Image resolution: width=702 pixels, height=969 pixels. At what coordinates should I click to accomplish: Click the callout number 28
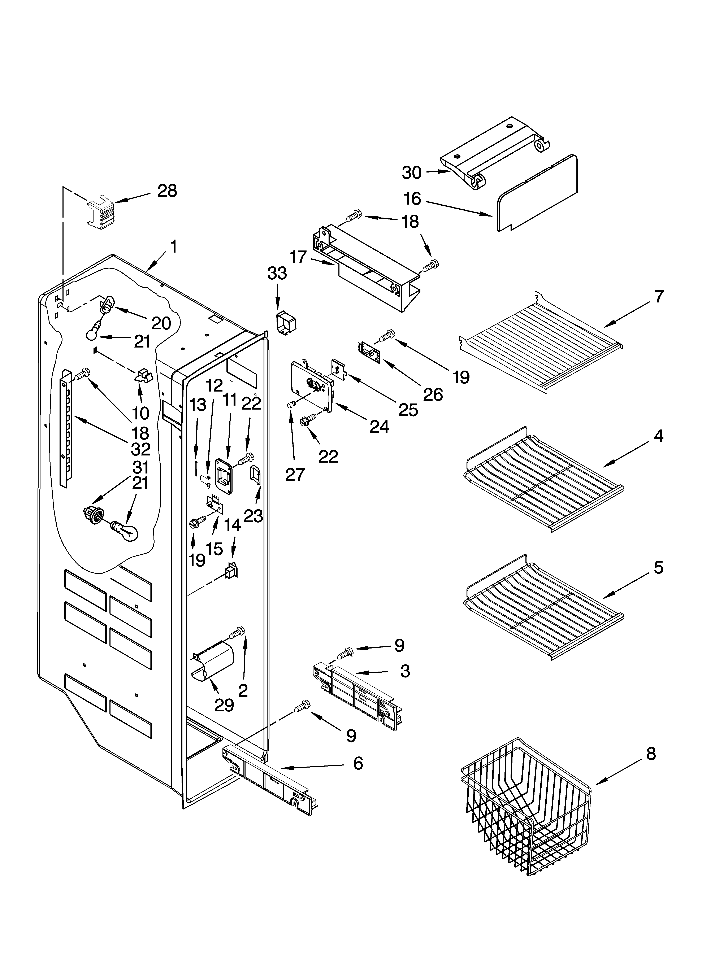click(167, 191)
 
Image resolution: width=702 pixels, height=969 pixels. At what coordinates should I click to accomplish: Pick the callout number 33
click(277, 274)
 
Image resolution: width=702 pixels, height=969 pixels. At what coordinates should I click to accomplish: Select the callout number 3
click(405, 671)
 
